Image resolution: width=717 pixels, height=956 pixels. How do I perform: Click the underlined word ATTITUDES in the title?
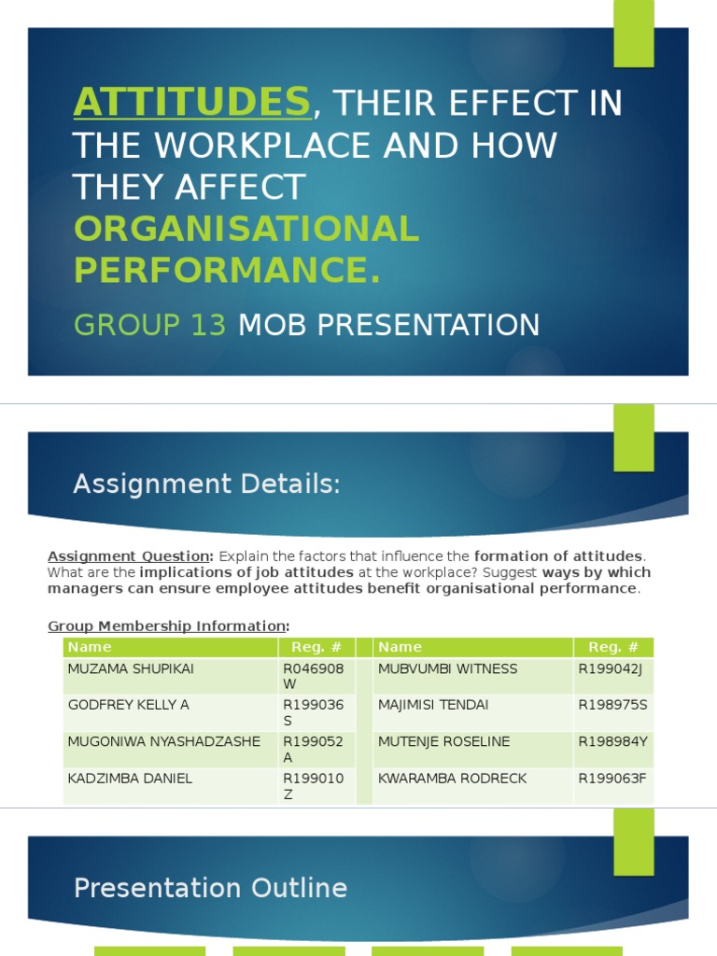tap(192, 102)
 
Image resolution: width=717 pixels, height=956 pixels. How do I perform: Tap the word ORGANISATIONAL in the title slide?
tap(246, 230)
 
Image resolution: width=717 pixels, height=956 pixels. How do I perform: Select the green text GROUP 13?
tap(149, 325)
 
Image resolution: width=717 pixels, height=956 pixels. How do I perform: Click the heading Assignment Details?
tap(206, 485)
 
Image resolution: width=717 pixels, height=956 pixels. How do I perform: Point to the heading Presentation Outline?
tap(210, 888)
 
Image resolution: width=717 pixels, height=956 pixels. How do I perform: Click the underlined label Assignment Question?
tap(131, 556)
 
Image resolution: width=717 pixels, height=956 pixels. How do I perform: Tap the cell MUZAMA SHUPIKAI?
tap(129, 668)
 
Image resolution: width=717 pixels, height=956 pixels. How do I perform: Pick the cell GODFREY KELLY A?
tap(127, 705)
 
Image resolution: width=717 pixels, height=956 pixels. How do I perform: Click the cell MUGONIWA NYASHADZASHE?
tap(164, 741)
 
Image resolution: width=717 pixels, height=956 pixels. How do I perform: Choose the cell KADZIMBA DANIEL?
tap(130, 778)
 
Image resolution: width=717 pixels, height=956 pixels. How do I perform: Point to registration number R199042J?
tap(612, 668)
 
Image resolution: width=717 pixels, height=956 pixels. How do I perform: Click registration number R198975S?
tap(612, 705)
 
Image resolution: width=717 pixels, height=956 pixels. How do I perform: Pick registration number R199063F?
tap(612, 778)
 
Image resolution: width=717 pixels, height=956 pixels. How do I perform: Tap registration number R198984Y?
tap(612, 741)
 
